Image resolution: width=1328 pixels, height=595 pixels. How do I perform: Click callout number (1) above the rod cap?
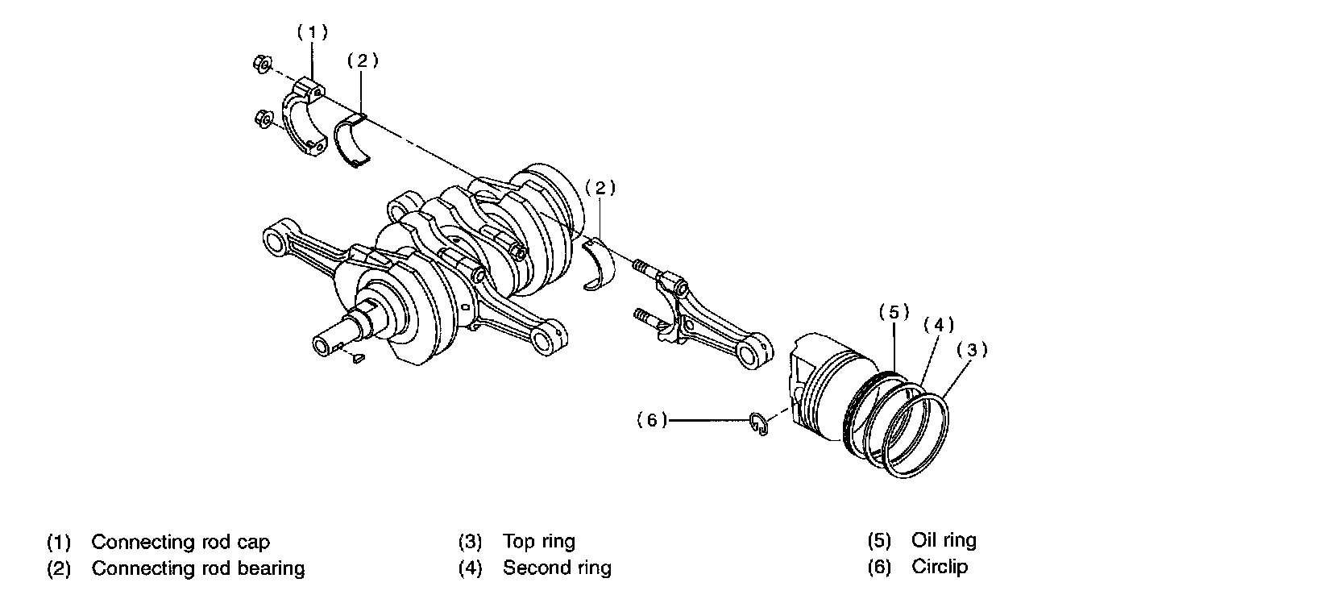(312, 33)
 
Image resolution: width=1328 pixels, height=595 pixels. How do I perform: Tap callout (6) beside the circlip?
(652, 419)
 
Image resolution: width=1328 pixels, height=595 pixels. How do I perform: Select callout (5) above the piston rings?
(894, 311)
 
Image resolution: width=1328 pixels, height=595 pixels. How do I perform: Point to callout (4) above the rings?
(938, 325)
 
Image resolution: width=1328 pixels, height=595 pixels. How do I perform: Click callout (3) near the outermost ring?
(972, 350)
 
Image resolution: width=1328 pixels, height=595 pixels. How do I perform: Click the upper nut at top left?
(260, 63)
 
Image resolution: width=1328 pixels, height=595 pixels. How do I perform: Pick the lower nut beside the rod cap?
(262, 121)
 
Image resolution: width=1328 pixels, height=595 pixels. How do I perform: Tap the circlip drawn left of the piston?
(757, 426)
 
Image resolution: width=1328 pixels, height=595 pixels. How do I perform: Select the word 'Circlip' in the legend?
(940, 567)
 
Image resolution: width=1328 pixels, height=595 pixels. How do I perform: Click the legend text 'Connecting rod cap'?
(181, 542)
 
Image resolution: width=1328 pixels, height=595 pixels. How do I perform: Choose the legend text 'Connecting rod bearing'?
(198, 568)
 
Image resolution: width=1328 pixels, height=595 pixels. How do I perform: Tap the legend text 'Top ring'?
(539, 540)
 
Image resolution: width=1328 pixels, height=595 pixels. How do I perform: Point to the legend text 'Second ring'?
(557, 568)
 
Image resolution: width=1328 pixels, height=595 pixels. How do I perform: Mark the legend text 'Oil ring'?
(944, 540)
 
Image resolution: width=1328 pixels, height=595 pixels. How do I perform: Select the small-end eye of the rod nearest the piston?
(755, 353)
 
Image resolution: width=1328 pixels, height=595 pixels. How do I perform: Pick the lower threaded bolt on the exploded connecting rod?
(646, 316)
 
